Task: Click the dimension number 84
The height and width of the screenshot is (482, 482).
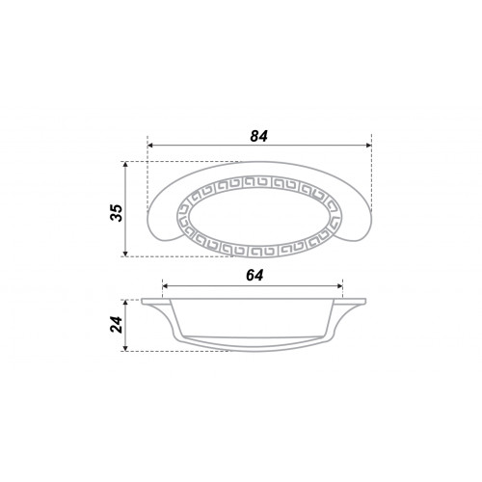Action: click(258, 137)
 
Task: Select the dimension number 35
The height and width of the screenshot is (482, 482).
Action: click(117, 213)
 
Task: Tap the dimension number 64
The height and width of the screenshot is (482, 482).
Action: click(254, 276)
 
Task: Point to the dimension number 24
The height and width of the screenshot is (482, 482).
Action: click(117, 325)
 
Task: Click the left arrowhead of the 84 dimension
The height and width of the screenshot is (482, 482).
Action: click(150, 146)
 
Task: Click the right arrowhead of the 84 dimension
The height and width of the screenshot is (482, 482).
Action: click(368, 146)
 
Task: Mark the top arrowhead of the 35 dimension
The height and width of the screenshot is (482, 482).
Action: click(125, 165)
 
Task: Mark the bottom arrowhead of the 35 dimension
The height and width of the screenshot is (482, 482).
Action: click(125, 254)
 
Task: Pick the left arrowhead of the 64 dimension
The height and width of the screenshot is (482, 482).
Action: click(165, 285)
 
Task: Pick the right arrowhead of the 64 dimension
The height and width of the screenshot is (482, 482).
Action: click(340, 285)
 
